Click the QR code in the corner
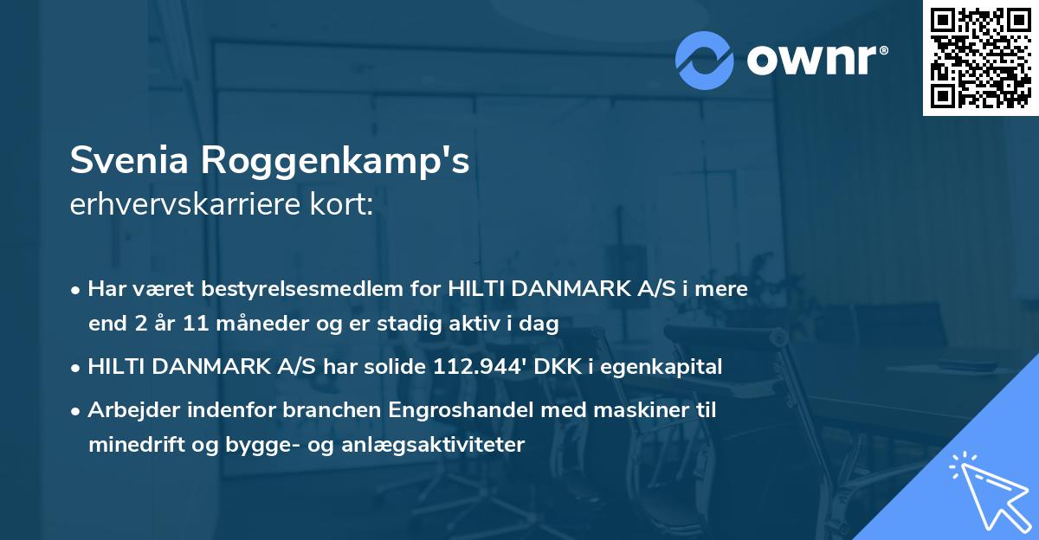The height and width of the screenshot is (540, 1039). (981, 57)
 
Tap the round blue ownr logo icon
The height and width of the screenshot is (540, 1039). (705, 60)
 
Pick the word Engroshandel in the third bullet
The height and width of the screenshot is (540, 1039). (405, 410)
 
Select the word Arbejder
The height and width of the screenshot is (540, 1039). (127, 410)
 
